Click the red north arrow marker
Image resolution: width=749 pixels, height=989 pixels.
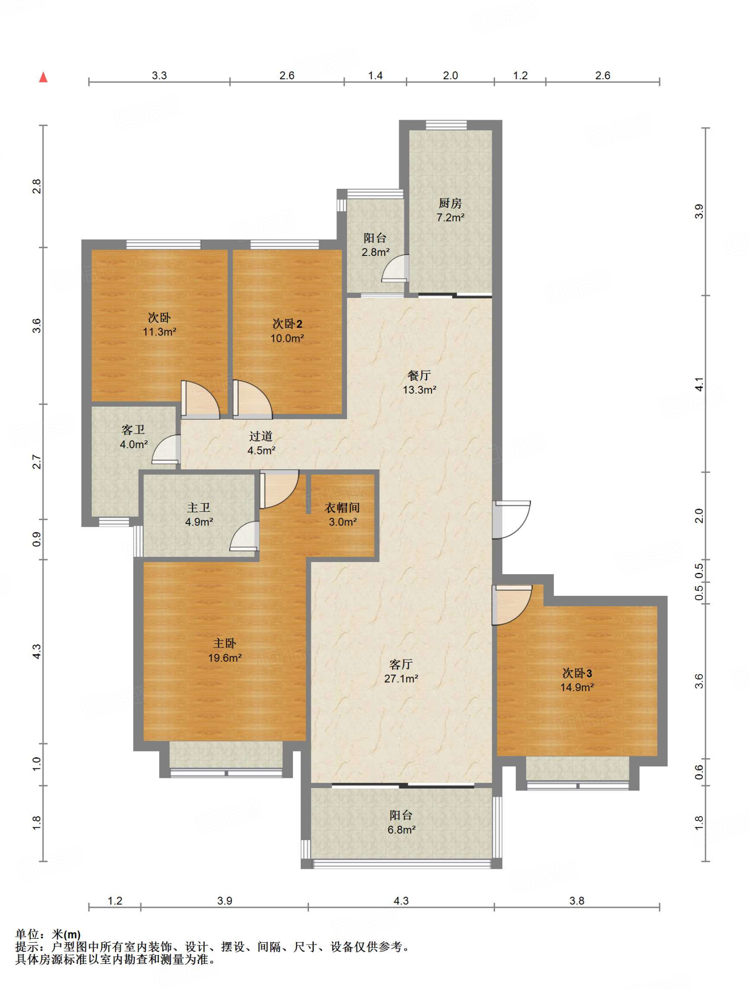pyautogui.click(x=43, y=77)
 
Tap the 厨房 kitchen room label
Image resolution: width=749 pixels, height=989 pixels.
pyautogui.click(x=450, y=203)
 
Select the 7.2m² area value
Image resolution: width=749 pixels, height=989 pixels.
pyautogui.click(x=450, y=218)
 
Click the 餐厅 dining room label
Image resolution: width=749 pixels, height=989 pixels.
pyautogui.click(x=419, y=375)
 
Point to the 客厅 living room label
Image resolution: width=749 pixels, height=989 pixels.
pyautogui.click(x=401, y=664)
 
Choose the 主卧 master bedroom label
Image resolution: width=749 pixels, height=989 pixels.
pyautogui.click(x=225, y=643)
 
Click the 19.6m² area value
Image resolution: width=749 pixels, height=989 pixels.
pyautogui.click(x=225, y=658)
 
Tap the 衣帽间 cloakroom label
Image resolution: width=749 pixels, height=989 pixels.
pyautogui.click(x=342, y=508)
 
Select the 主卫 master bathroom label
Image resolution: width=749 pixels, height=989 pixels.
pyautogui.click(x=199, y=508)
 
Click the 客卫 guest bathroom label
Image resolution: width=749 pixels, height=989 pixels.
pyautogui.click(x=133, y=430)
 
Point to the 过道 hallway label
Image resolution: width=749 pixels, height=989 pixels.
pyautogui.click(x=261, y=436)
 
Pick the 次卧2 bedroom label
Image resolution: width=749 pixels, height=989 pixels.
pyautogui.click(x=287, y=324)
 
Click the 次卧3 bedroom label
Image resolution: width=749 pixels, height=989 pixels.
pyautogui.click(x=577, y=673)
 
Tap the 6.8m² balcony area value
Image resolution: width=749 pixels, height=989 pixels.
pyautogui.click(x=401, y=830)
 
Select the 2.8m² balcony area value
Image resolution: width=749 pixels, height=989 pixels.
pyautogui.click(x=375, y=252)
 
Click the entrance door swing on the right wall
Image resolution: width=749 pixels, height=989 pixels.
pyautogui.click(x=512, y=520)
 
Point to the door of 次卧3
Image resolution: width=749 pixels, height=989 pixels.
pyautogui.click(x=512, y=605)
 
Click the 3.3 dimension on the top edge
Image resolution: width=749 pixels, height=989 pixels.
pyautogui.click(x=159, y=75)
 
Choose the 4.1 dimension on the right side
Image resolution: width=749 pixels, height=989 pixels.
pyautogui.click(x=699, y=384)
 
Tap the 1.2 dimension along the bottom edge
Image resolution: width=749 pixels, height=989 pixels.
pyautogui.click(x=115, y=901)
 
